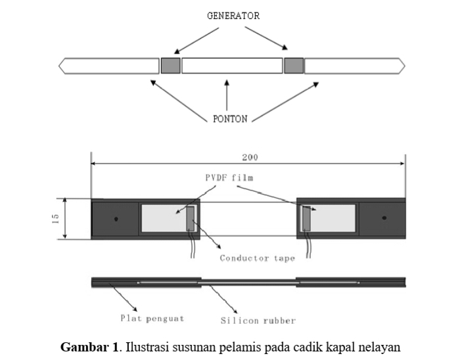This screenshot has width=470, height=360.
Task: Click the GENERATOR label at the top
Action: point(233,16)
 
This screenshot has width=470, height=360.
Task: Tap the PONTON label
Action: point(230,119)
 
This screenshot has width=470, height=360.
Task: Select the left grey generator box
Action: point(170,66)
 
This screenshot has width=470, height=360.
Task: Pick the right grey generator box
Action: point(294,66)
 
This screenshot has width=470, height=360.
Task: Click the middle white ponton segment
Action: point(232,66)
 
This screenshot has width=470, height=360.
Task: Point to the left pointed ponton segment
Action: point(109,66)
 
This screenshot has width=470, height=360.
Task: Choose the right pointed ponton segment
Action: point(355,66)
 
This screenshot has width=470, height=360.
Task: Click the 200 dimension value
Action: point(250,157)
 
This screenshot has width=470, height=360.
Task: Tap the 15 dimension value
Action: point(56,219)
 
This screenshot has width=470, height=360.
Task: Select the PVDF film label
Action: point(229,178)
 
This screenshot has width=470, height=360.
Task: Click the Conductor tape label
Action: point(257,258)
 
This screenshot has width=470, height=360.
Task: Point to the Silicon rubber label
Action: point(258,321)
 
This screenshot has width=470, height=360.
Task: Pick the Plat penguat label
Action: point(153,319)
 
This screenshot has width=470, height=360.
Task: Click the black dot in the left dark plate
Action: point(116,219)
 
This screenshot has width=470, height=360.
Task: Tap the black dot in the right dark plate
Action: point(385,218)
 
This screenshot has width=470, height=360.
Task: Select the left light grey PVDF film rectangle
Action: point(164,218)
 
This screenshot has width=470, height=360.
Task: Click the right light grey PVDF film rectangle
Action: point(333,218)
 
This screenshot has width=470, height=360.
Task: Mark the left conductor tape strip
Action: point(191,218)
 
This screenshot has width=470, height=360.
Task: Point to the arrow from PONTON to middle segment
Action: point(227,95)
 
